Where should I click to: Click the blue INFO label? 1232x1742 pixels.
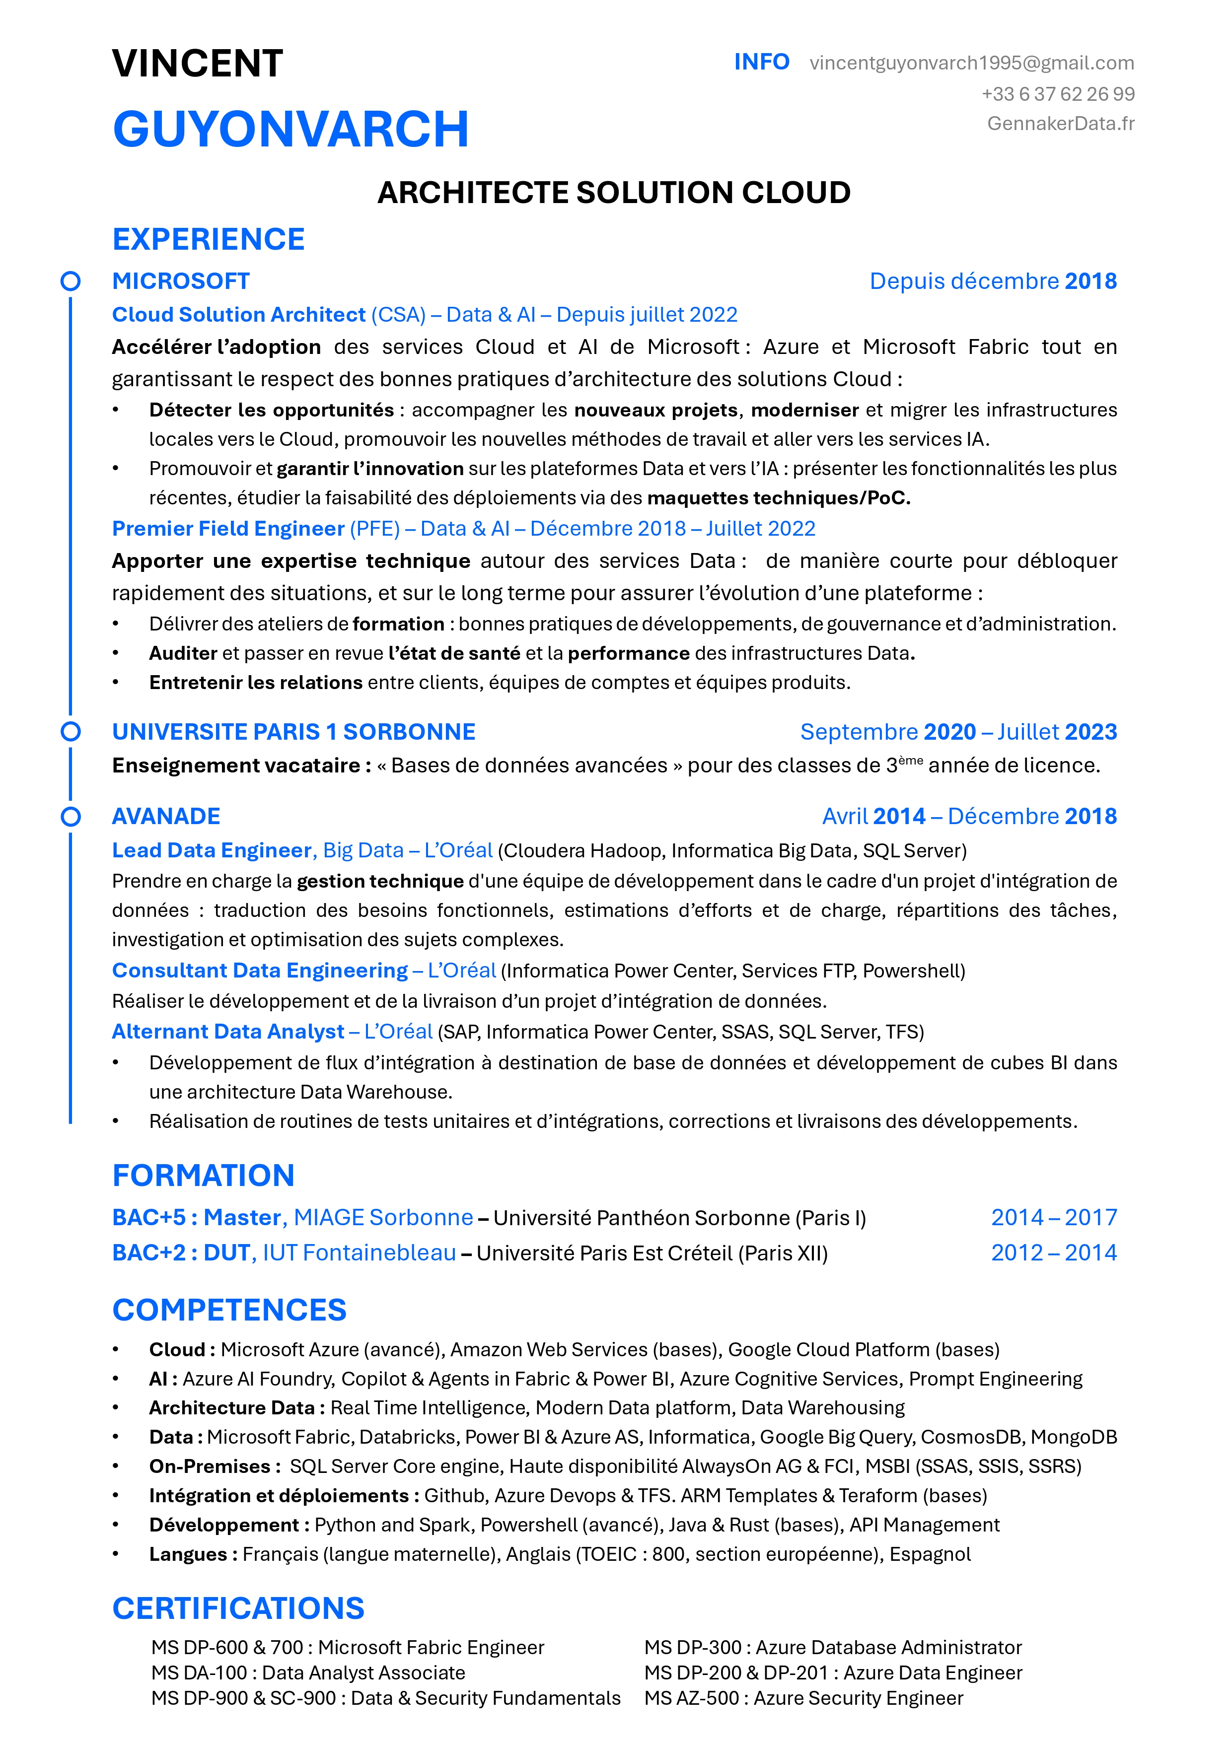(x=761, y=62)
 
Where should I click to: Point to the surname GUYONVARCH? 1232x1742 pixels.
(x=290, y=129)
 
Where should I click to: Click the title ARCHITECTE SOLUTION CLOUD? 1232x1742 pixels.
(x=614, y=193)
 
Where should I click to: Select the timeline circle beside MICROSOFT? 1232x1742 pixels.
(x=71, y=281)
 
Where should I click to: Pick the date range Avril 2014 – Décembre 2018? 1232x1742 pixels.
(x=969, y=816)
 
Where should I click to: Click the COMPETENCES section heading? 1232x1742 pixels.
(x=229, y=1310)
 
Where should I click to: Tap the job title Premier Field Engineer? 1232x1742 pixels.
(x=228, y=529)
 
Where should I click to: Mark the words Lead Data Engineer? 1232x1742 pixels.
(x=212, y=850)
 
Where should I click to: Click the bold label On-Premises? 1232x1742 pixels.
(x=210, y=1466)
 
